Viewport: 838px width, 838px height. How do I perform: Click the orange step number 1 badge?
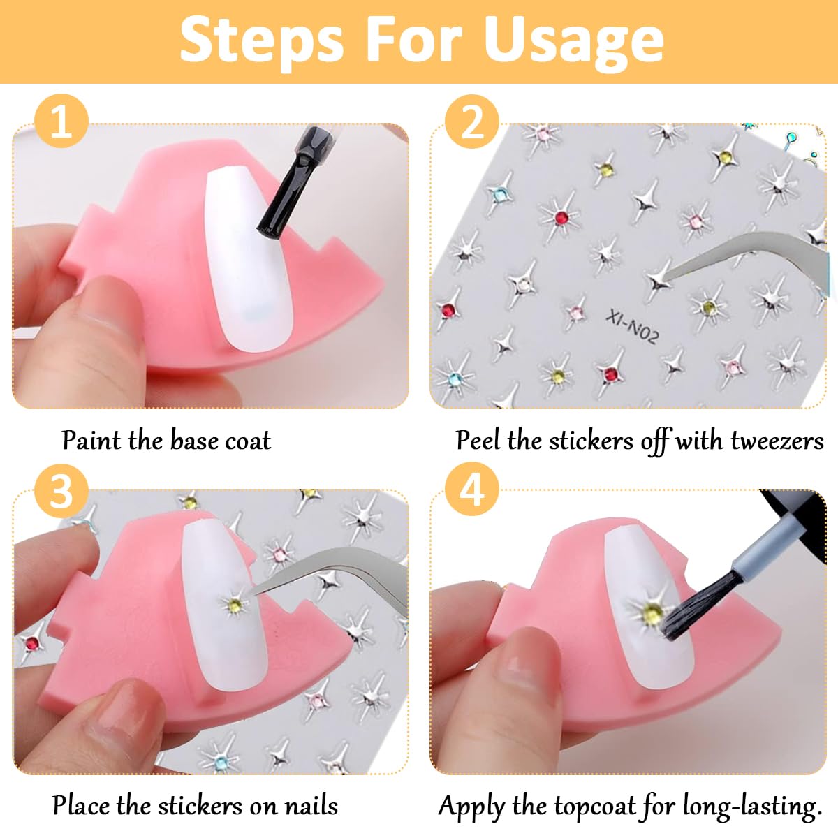(x=61, y=121)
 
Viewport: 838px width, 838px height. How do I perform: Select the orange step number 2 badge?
(x=472, y=121)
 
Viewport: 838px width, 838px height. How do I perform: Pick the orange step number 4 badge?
(x=472, y=490)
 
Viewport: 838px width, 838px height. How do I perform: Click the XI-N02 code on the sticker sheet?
(x=633, y=326)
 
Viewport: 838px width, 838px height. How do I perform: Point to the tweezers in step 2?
(x=740, y=256)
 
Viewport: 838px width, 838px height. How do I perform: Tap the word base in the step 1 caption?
(x=194, y=440)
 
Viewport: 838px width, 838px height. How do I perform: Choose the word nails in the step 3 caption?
(x=311, y=805)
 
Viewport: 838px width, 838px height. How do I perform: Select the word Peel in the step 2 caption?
(x=479, y=440)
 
